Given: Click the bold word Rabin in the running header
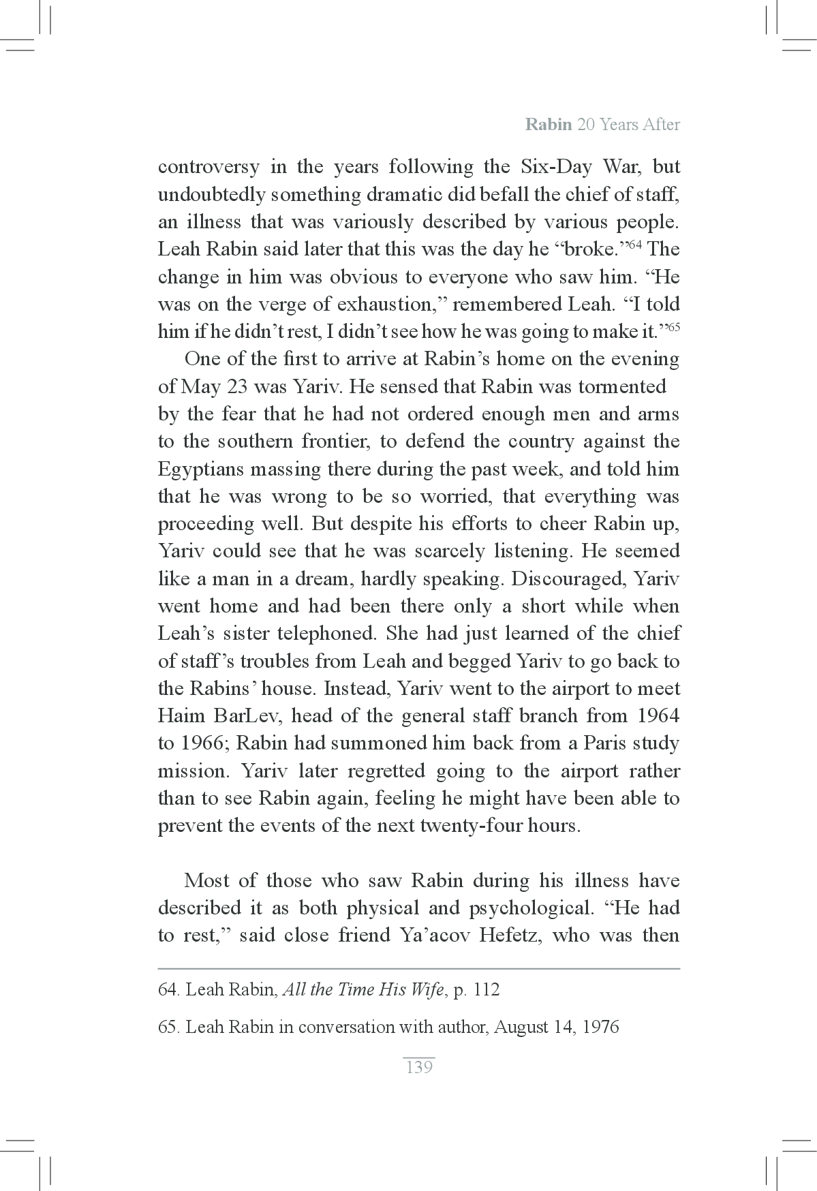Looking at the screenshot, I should pos(549,125).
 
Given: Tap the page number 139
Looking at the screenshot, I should pos(418,1068).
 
